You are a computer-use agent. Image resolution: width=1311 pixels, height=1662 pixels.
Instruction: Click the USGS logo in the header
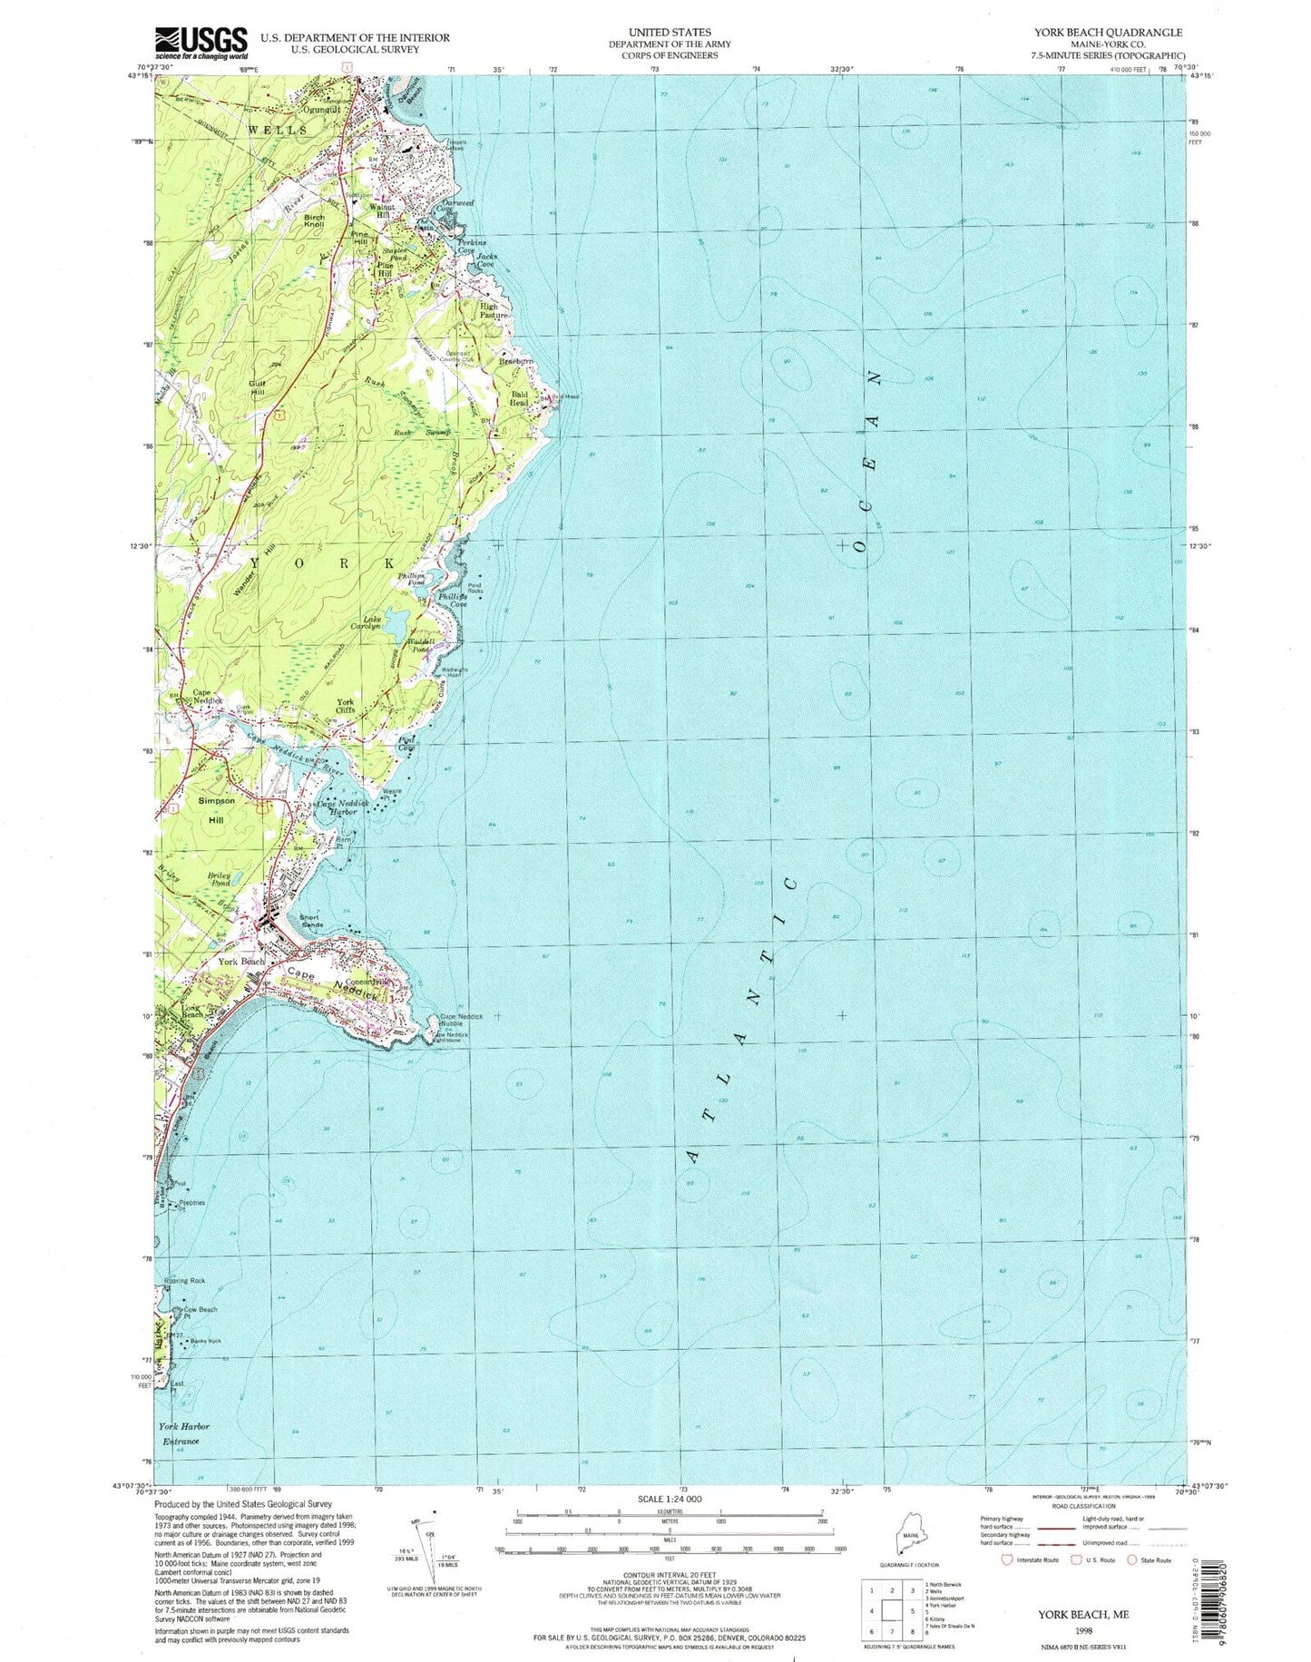point(201,42)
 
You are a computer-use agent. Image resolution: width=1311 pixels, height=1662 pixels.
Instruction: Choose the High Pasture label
point(496,311)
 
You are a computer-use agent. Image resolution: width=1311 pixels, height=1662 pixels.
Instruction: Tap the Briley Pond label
point(220,878)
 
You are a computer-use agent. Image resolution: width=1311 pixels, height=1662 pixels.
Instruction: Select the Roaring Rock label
point(184,1280)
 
